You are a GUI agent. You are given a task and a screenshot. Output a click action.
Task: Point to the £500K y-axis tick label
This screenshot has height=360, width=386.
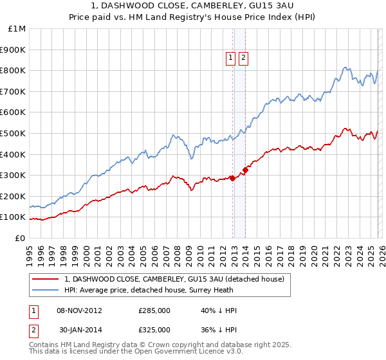[x=14, y=133]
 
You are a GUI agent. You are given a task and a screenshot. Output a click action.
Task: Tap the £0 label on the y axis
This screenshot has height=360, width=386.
[x=21, y=238]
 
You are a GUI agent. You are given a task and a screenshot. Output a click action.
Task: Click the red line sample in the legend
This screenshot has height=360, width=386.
[x=46, y=279]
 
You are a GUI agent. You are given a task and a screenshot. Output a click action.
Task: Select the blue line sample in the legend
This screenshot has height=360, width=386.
[x=46, y=291]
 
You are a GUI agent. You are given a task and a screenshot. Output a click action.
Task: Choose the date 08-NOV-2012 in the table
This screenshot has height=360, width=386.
[x=80, y=310]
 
